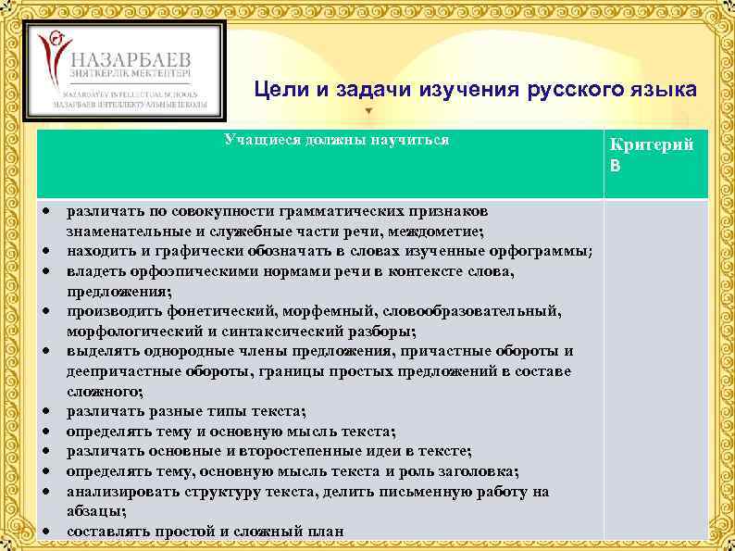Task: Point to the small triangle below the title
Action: point(370,111)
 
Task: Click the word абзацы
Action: point(96,511)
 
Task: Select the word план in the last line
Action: point(326,532)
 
